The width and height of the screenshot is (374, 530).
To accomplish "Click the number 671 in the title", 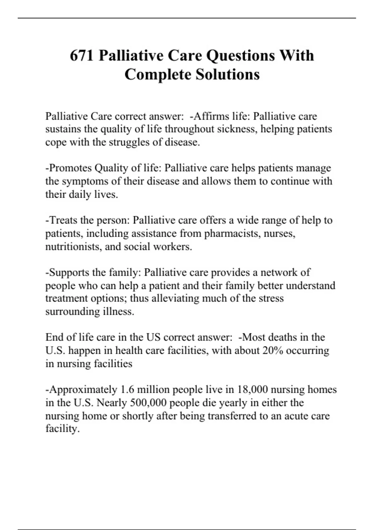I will coord(82,55).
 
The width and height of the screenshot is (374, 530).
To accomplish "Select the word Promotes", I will coord(70,168).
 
